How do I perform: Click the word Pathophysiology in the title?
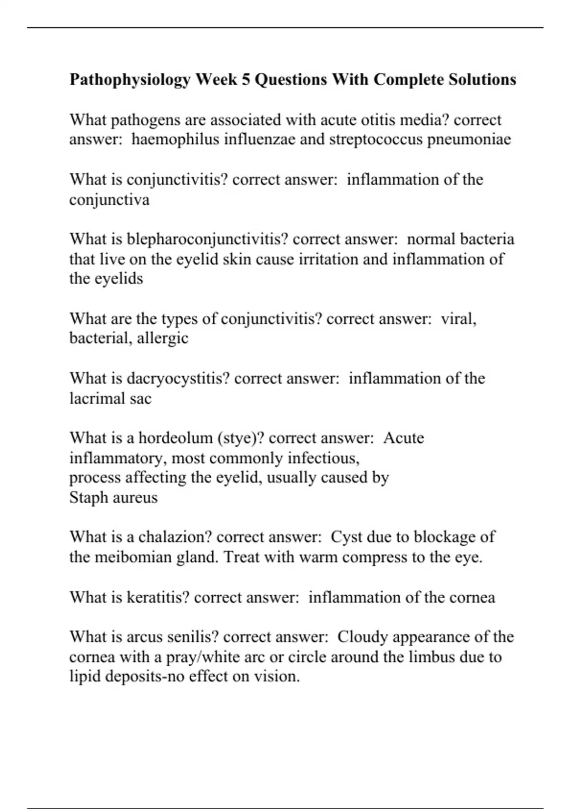[130, 79]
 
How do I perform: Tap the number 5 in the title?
[246, 79]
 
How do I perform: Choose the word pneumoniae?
[469, 139]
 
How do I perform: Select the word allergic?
[163, 338]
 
